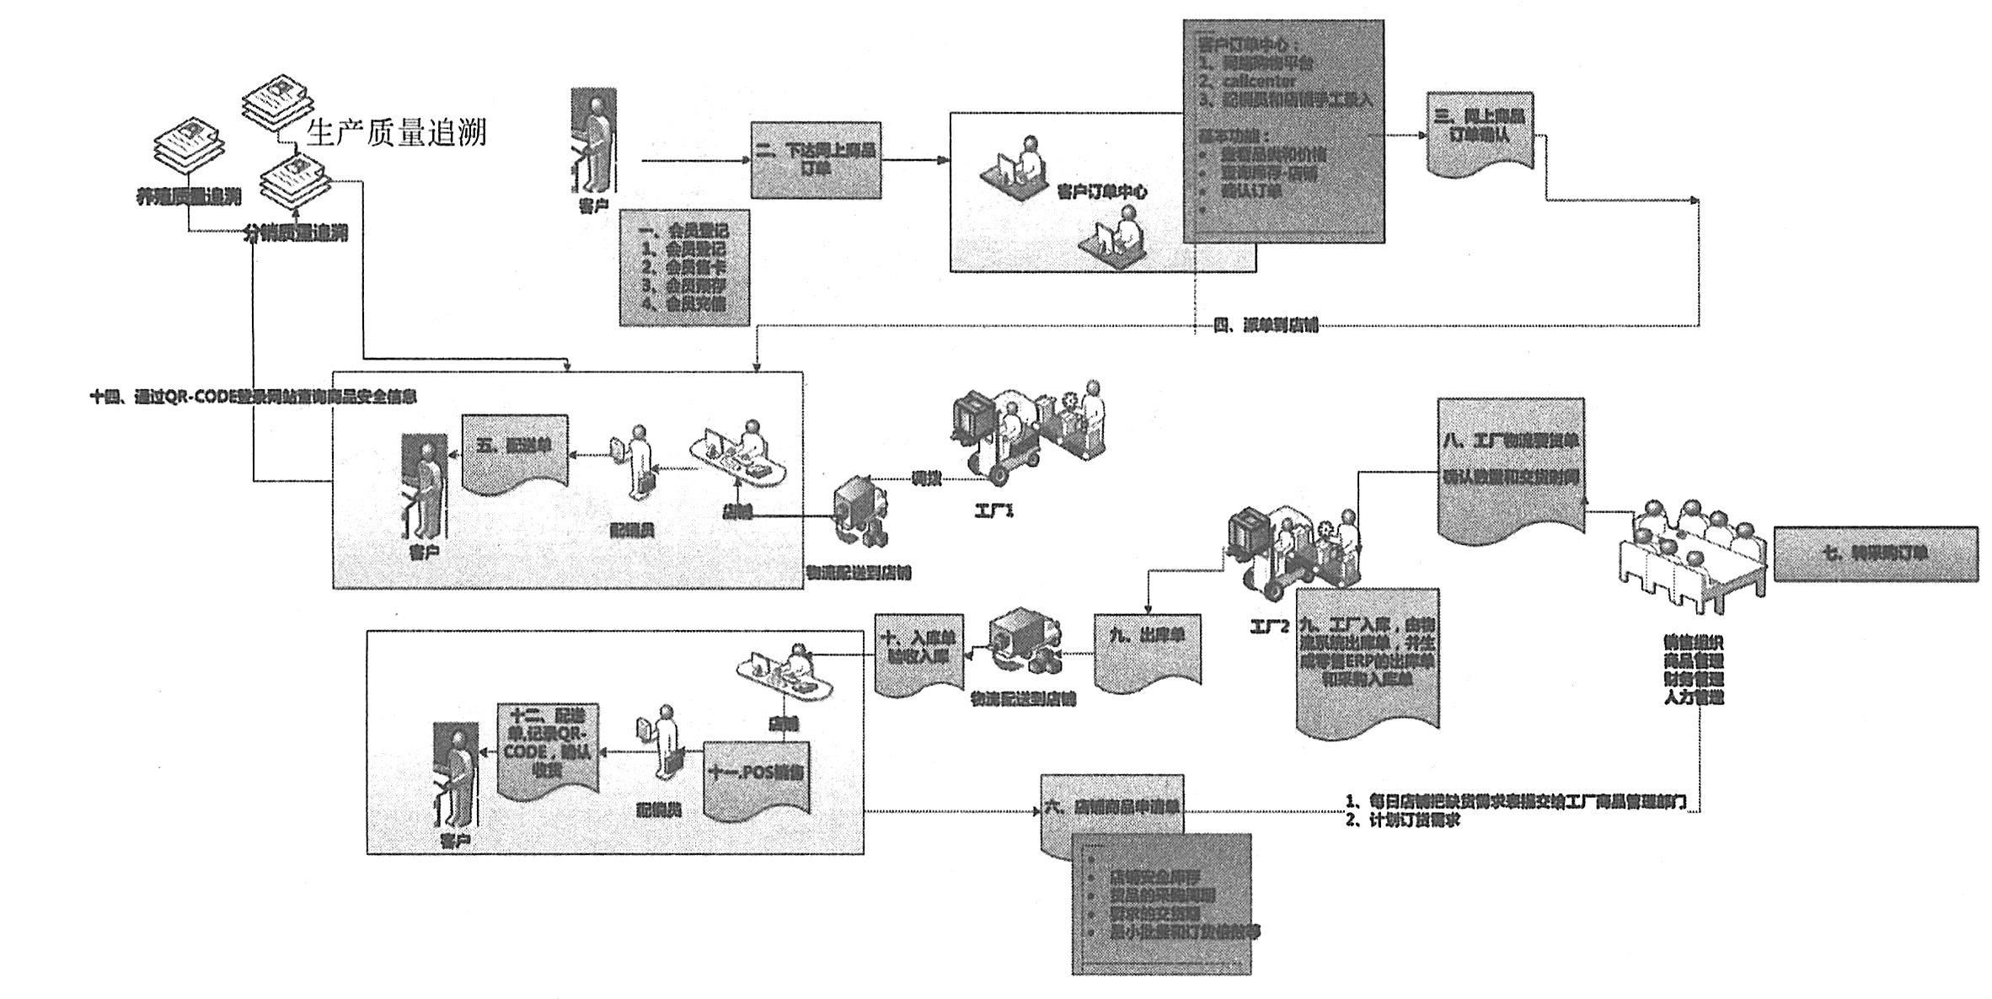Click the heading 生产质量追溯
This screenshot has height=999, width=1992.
(397, 133)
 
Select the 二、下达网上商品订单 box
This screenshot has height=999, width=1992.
(817, 160)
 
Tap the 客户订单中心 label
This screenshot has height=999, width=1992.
(1101, 192)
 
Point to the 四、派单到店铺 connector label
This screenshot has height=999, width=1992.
(1266, 326)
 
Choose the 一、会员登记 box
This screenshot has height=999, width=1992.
(684, 267)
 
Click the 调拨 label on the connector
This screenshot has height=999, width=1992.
(926, 479)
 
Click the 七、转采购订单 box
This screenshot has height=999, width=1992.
(1875, 553)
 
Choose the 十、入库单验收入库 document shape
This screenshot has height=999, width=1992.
(918, 652)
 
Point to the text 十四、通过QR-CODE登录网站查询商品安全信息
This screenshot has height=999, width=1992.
(253, 397)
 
